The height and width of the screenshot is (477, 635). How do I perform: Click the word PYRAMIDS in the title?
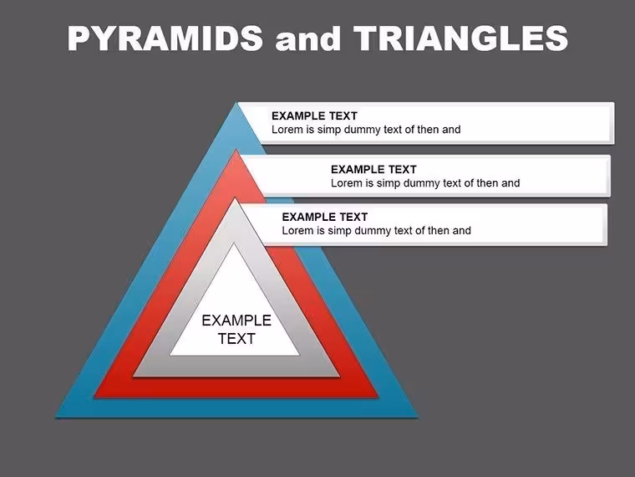coord(165,38)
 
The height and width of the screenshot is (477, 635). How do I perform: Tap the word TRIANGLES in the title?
coord(461,38)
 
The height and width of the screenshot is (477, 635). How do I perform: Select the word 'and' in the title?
coord(307,39)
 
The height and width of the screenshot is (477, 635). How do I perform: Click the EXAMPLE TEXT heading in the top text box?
coord(314,116)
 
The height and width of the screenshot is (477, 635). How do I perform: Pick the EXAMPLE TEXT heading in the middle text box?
coord(373,169)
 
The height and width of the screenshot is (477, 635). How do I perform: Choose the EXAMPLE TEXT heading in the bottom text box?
coord(325,217)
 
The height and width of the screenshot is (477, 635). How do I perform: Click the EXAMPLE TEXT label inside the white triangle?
coord(236,330)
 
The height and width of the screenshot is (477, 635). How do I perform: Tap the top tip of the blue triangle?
coord(236,102)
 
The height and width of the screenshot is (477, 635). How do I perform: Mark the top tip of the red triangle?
coord(236,150)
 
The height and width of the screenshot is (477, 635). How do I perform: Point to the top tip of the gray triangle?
coord(235,197)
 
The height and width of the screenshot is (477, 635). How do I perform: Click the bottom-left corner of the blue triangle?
coord(55,418)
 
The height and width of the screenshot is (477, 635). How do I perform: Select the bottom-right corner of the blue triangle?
coord(418,418)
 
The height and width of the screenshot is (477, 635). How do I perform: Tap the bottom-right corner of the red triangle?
coord(378,397)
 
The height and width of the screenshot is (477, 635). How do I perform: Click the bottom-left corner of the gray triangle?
coord(133,377)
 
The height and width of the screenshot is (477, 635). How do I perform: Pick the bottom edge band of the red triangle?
coord(236,387)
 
